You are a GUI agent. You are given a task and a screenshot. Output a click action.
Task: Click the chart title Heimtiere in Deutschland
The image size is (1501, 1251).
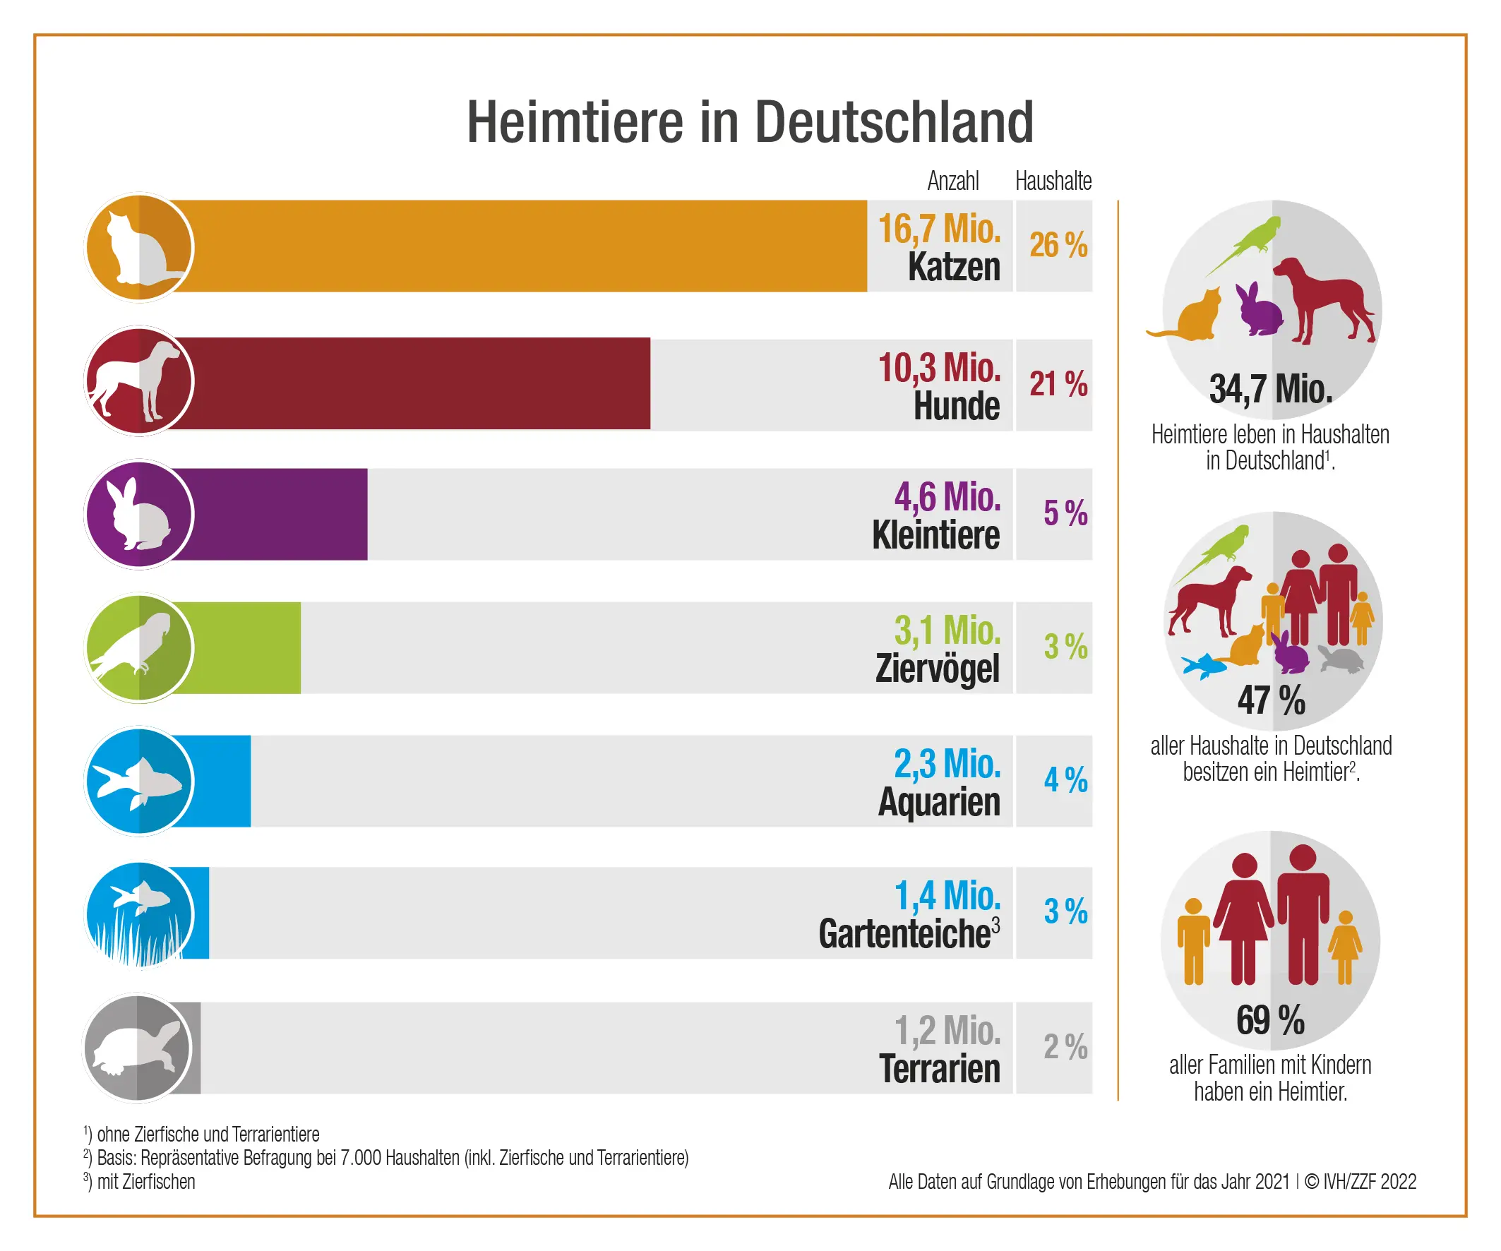pyautogui.click(x=750, y=122)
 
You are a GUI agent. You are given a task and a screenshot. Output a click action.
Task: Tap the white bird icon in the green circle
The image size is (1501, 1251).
pyautogui.click(x=136, y=647)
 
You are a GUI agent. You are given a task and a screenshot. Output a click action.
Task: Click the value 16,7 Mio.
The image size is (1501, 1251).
pyautogui.click(x=939, y=229)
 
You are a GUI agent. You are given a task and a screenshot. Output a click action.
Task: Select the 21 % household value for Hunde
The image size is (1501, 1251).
pyautogui.click(x=1058, y=385)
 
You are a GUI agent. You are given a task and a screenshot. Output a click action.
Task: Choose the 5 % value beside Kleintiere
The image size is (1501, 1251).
pyautogui.click(x=1065, y=513)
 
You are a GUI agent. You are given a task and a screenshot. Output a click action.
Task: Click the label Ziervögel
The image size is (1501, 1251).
pyautogui.click(x=937, y=669)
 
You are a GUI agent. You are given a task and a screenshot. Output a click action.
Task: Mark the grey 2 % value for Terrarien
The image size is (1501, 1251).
pyautogui.click(x=1065, y=1047)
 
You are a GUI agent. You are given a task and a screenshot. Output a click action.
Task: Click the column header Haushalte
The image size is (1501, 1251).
pyautogui.click(x=1053, y=181)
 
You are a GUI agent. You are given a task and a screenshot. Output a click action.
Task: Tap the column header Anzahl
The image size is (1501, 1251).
pyautogui.click(x=953, y=181)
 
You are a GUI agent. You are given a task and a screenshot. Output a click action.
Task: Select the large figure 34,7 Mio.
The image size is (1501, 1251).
pyautogui.click(x=1271, y=390)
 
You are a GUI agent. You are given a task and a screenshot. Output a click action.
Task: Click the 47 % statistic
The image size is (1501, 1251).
pyautogui.click(x=1271, y=700)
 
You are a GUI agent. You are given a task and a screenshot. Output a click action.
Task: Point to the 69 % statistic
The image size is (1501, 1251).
pyautogui.click(x=1270, y=1020)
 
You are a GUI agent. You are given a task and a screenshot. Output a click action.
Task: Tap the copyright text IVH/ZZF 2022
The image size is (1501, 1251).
pyautogui.click(x=1369, y=1182)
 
